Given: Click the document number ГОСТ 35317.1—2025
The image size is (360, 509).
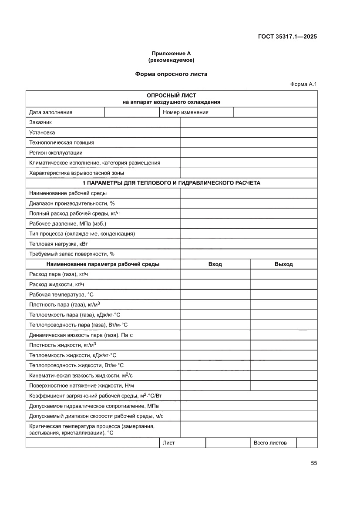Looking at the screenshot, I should pos(286,37).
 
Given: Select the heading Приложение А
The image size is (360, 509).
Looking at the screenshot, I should pos(171,53).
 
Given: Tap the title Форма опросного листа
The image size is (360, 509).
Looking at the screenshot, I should pos(171,74).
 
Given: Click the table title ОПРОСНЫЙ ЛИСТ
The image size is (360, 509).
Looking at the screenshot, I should pos(171,95).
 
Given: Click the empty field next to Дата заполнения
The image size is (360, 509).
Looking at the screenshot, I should pos(132,112).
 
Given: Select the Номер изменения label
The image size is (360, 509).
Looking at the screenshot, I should pos(185,112).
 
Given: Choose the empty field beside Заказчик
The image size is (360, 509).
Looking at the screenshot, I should pos(248,122).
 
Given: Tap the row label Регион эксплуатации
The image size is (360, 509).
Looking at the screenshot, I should pos(56,153).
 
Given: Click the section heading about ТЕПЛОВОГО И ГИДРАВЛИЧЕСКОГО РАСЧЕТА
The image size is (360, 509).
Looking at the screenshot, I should pos(171,183).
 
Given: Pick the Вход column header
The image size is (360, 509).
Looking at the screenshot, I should pos(215,264).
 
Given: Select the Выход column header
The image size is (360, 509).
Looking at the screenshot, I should pos(283,264).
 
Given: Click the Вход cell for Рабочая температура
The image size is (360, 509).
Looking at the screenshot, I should pos(215,294).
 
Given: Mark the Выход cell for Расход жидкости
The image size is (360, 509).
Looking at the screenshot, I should pos(283,284).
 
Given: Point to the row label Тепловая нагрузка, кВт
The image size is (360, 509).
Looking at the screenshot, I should pos(59,244).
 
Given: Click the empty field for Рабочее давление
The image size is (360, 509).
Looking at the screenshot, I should pos(248,223).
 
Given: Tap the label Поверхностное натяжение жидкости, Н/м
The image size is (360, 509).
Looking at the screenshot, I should pos(81,385).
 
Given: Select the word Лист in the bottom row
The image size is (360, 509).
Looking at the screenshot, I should pos(168,443).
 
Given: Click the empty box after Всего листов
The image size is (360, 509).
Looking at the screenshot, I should pos(306,443).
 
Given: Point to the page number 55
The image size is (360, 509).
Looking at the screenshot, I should pos(314,463).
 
